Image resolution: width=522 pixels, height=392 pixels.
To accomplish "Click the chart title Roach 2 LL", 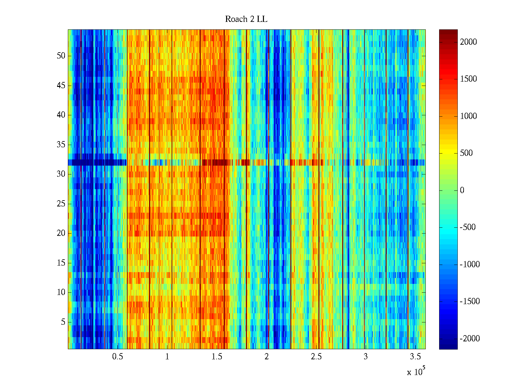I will pos(246,19).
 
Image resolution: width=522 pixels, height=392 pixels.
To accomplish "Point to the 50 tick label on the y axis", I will pos(61,56).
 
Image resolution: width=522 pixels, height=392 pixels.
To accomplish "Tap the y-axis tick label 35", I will pos(61,145).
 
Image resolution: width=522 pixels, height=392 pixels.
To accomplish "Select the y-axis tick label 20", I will pos(61,233).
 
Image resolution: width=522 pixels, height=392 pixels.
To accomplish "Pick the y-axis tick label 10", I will pos(61,292).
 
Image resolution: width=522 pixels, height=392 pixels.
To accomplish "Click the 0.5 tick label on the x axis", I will pos(117,357).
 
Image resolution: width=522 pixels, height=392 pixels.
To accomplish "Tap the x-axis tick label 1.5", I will pos(217,357).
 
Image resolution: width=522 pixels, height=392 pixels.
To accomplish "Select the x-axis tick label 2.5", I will pos(316,357).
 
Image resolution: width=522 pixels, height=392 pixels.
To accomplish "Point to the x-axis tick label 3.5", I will pos(415,357).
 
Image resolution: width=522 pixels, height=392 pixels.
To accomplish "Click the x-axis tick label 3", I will pos(366,357).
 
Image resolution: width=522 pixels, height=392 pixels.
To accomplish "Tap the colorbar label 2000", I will pos(468,42).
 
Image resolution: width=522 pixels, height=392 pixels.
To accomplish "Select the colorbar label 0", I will pos(462,190).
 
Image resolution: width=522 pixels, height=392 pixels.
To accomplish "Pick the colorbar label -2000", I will pos(470,339).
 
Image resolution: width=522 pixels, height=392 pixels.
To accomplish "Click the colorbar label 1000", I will pos(468,116).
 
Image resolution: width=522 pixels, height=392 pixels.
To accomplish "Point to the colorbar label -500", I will pos(468,227).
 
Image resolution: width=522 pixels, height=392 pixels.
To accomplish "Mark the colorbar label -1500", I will pos(470,302).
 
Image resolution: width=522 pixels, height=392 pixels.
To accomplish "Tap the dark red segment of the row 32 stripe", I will pos(221,162).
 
